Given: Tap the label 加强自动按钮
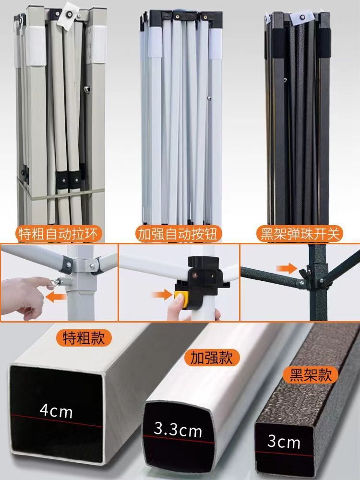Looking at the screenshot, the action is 178,234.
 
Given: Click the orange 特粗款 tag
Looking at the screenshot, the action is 84,338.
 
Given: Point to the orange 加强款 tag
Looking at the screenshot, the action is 212,358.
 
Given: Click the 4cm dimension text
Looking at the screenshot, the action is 56,411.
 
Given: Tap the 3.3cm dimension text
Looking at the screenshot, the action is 178,430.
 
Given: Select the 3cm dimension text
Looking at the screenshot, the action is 284,442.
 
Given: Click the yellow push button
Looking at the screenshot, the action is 181,299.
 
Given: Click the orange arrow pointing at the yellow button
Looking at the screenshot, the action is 162,295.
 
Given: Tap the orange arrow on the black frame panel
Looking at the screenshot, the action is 287,269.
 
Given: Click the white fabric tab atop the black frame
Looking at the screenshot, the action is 302,18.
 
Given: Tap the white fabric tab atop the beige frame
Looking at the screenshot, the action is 70,15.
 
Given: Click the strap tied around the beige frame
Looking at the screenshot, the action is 61,192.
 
